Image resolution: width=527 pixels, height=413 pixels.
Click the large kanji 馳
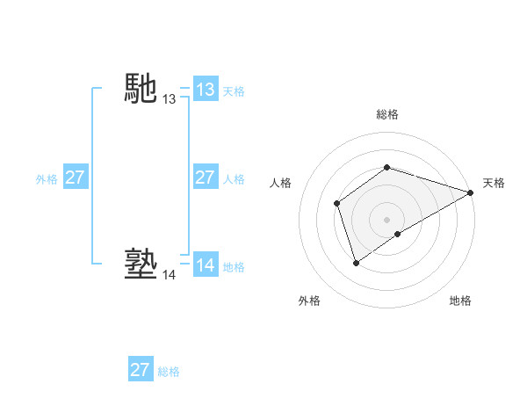(x=141, y=87)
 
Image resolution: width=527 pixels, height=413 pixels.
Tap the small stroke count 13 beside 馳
(x=169, y=100)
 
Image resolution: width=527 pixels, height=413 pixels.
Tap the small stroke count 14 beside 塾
(x=169, y=275)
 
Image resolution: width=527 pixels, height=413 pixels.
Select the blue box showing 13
(x=205, y=90)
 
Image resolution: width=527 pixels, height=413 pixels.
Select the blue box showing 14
(x=205, y=265)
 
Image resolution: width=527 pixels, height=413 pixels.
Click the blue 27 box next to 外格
(x=75, y=178)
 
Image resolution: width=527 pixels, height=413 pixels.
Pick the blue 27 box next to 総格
(x=140, y=370)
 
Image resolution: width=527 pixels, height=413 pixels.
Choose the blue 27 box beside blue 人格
(x=205, y=178)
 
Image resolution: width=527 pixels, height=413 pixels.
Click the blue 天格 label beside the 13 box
(x=234, y=91)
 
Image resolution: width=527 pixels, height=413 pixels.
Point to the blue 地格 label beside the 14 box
(x=234, y=267)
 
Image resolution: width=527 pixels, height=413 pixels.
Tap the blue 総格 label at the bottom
(x=169, y=372)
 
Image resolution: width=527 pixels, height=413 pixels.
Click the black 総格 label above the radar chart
(x=386, y=115)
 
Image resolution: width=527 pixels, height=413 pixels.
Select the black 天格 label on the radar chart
(x=494, y=183)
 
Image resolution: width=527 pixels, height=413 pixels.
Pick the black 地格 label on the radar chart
(x=460, y=301)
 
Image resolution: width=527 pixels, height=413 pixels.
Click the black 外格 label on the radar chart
(x=309, y=301)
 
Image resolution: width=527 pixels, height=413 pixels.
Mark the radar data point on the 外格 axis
(x=356, y=262)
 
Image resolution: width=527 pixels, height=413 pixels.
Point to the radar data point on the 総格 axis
(x=386, y=167)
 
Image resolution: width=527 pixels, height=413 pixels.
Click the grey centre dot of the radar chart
(x=386, y=220)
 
